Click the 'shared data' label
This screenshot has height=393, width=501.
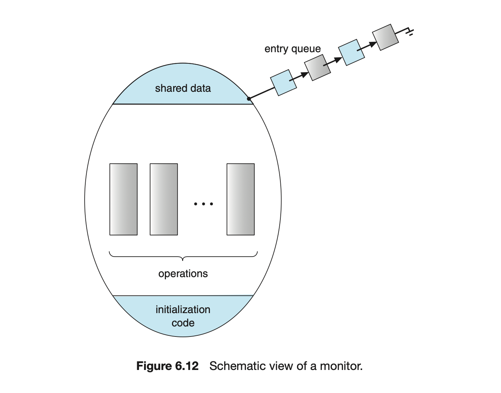(183, 88)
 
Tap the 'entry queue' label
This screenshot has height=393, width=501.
(292, 49)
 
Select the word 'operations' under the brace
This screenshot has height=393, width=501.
(183, 274)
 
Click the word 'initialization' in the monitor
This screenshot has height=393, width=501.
(183, 310)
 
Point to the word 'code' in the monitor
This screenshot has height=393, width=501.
(183, 323)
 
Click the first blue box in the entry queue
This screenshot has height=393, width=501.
(284, 82)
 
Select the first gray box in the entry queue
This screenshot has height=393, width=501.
(317, 67)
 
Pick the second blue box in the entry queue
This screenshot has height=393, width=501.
(351, 52)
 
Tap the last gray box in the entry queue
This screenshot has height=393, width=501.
(385, 37)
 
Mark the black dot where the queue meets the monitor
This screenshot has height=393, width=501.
(249, 99)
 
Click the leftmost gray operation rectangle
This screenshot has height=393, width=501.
(123, 199)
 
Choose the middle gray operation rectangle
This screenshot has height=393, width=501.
(164, 199)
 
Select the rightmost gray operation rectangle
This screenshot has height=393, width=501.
(240, 199)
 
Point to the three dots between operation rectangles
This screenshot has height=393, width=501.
(203, 204)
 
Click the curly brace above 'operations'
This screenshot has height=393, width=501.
(183, 256)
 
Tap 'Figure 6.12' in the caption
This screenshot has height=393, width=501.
(167, 366)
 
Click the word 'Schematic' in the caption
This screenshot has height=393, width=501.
(232, 366)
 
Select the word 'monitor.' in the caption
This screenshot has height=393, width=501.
(341, 366)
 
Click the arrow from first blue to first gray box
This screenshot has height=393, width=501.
(300, 76)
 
